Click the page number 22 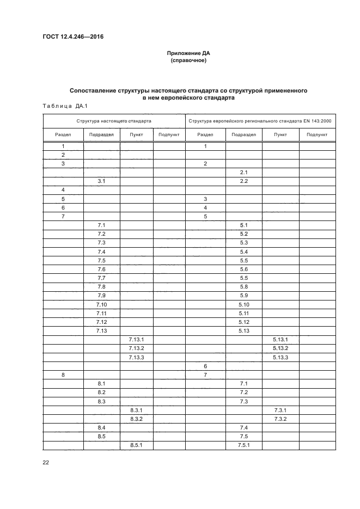tap(46, 462)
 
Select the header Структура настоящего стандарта tap(114, 121)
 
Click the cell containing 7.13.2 tap(136, 348)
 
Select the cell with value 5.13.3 tap(280, 357)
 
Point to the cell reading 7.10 tap(101, 304)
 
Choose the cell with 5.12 tap(243, 322)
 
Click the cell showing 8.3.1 tap(136, 410)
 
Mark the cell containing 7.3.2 tap(280, 419)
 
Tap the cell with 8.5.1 tap(136, 445)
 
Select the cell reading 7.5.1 tap(243, 445)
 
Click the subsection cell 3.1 tap(101, 181)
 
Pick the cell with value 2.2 tap(243, 181)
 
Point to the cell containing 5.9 tap(243, 296)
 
